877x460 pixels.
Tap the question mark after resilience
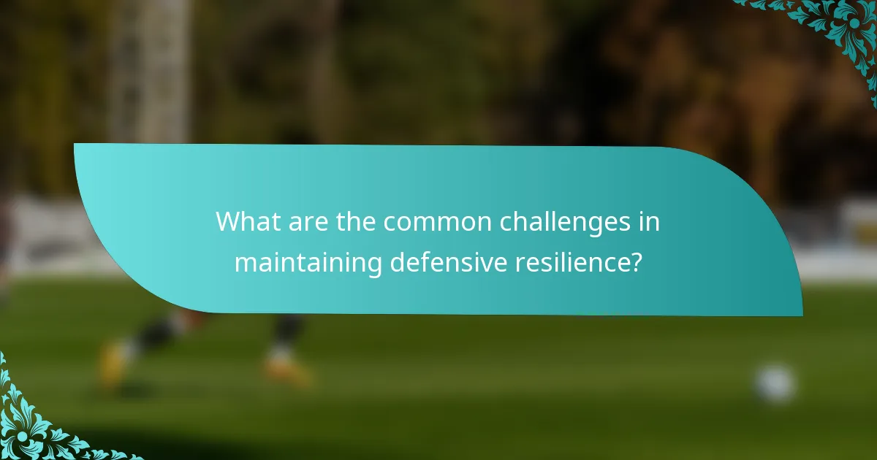click(x=637, y=261)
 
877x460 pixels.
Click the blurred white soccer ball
click(x=775, y=383)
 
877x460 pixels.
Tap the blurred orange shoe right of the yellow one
click(x=286, y=369)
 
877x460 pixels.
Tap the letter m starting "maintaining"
click(x=244, y=263)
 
